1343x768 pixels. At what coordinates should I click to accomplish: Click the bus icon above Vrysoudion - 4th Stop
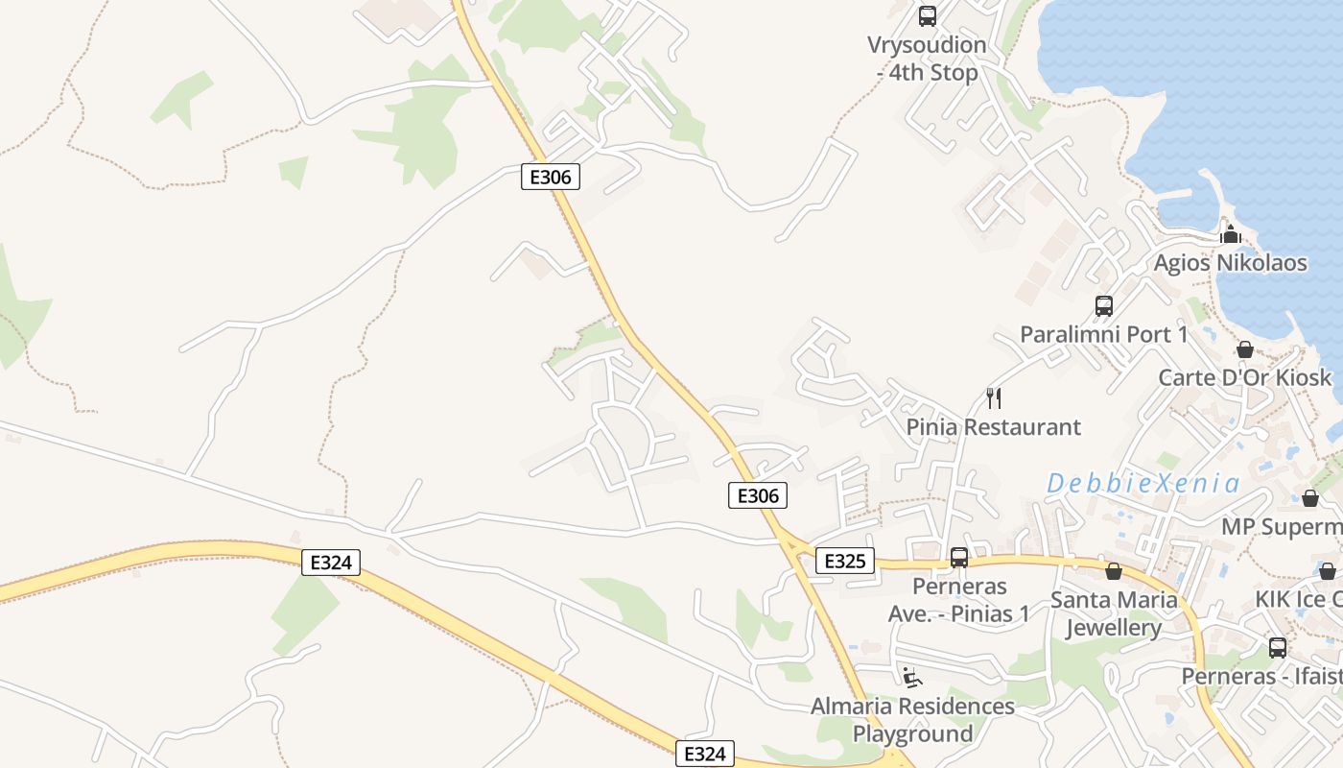point(927,16)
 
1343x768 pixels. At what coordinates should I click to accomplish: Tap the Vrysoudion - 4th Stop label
point(927,59)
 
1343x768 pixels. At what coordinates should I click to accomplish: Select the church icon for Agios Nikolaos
point(1230,234)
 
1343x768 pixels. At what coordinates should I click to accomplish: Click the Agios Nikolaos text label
point(1230,263)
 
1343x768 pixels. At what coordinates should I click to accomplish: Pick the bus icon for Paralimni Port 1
point(1104,306)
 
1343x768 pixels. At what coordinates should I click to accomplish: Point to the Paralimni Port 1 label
point(1103,334)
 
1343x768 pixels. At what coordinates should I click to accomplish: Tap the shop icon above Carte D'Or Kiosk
point(1244,349)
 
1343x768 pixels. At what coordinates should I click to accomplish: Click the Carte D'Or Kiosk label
point(1245,377)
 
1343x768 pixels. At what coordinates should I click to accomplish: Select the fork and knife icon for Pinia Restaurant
point(994,397)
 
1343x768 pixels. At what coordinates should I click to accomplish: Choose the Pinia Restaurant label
point(994,426)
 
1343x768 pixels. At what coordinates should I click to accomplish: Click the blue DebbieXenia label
point(1143,483)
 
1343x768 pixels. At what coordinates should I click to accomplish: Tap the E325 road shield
point(845,561)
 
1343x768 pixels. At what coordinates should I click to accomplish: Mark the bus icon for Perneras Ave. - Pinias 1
point(958,558)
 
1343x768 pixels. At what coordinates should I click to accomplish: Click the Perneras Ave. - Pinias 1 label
point(958,600)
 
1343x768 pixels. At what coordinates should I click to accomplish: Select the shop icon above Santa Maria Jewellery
point(1114,572)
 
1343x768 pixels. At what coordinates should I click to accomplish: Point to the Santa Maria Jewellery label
point(1114,614)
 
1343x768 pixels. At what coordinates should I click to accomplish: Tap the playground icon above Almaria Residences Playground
point(911,678)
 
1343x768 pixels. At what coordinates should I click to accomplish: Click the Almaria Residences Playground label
point(912,720)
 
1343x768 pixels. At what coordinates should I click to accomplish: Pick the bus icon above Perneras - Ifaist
point(1277,647)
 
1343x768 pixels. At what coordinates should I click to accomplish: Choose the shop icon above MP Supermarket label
point(1309,498)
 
